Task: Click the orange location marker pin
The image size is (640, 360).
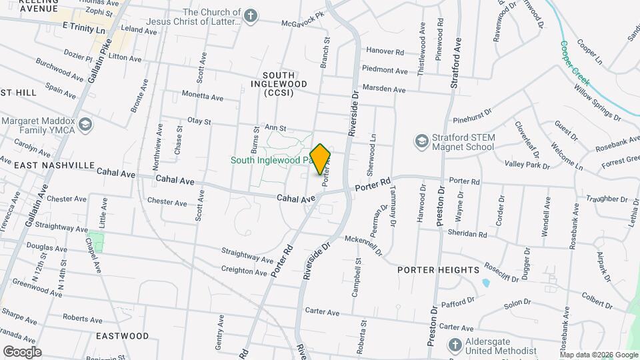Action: tap(321, 159)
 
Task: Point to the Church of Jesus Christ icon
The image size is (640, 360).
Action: tap(251, 17)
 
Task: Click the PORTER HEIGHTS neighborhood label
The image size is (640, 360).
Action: tap(438, 270)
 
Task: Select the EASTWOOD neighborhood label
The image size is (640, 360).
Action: tap(122, 335)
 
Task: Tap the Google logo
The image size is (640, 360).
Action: tap(22, 351)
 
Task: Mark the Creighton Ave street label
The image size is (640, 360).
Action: tap(245, 271)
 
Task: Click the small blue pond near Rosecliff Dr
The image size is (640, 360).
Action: tap(485, 283)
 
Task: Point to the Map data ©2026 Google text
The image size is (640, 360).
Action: tap(597, 354)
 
